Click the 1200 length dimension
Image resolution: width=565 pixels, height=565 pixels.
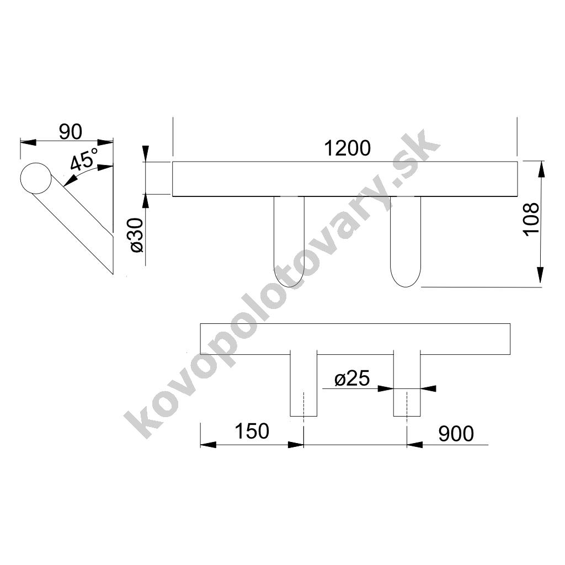coord(348,148)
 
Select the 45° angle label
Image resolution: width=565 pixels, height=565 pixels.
coord(84,159)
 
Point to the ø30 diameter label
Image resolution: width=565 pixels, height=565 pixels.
coord(137,235)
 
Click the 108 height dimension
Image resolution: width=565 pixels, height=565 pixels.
coord(531,220)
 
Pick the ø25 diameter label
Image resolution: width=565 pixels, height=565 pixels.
coord(352,379)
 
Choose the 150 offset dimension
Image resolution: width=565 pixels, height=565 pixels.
coord(252,431)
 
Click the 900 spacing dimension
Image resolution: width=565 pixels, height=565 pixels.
coord(456,434)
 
